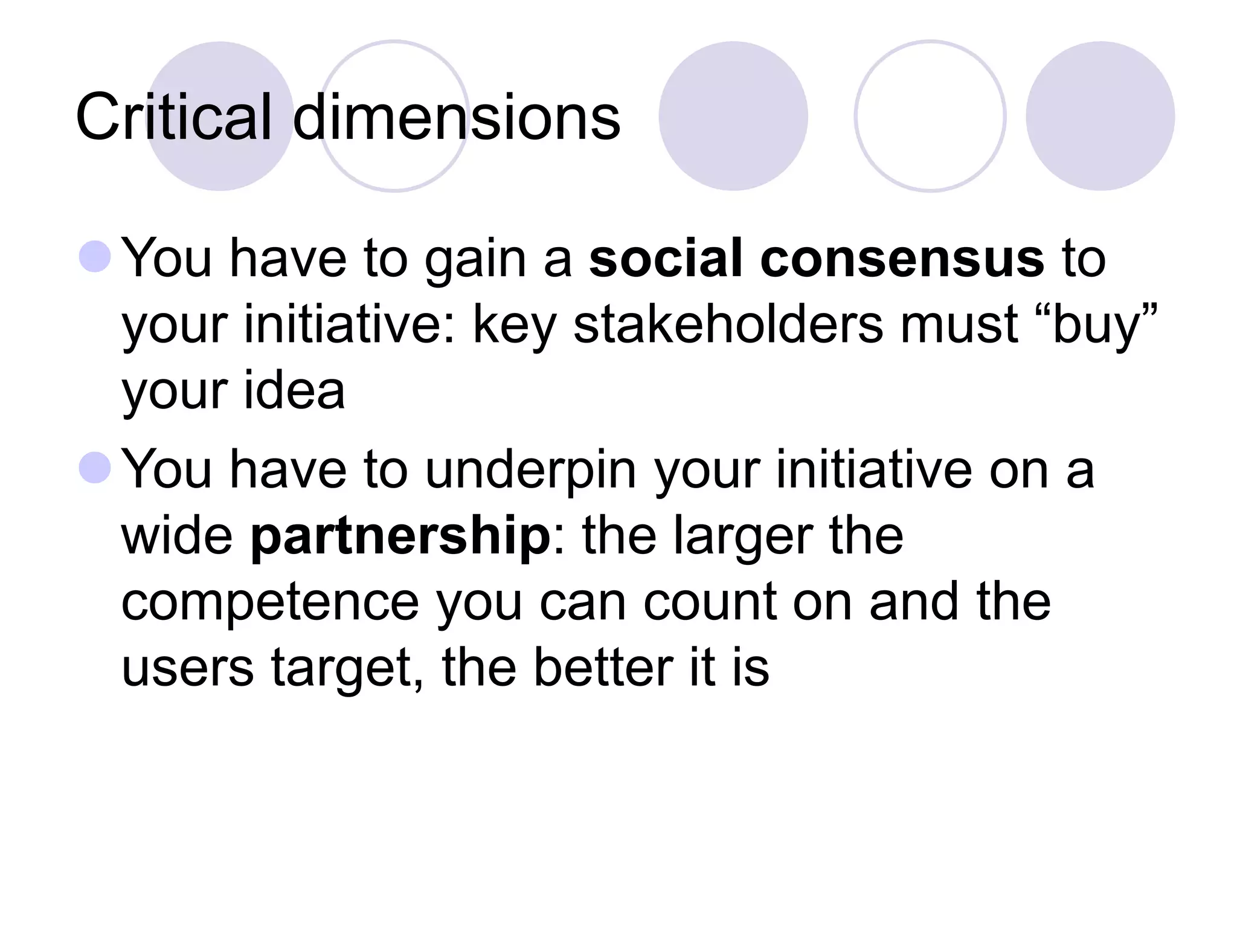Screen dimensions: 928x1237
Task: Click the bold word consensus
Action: click(x=902, y=258)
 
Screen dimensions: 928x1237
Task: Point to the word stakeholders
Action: click(x=728, y=324)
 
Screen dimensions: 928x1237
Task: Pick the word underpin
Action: click(x=531, y=470)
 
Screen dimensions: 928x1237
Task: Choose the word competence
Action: click(x=270, y=602)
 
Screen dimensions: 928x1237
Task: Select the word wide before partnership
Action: click(x=177, y=536)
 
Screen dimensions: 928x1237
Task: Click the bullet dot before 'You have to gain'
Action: click(x=95, y=256)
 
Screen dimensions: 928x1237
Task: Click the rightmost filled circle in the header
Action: click(x=1100, y=116)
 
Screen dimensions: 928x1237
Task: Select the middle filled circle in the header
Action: click(x=733, y=116)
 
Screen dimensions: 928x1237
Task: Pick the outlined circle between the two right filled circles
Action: click(x=930, y=116)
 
